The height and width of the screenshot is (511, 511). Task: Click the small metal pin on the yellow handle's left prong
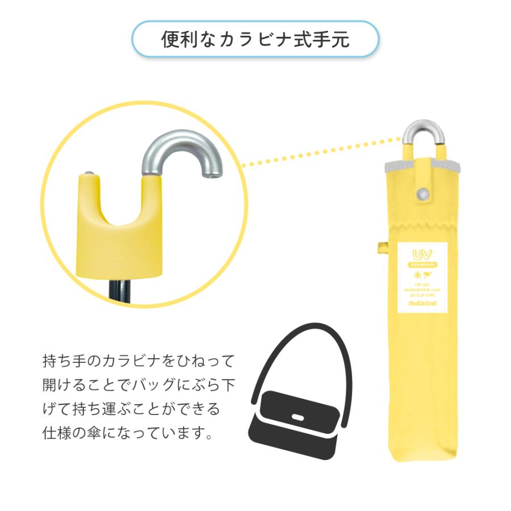click(89, 171)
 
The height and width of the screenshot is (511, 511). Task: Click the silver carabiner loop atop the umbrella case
click(423, 133)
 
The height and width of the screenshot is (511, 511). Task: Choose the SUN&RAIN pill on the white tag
click(422, 265)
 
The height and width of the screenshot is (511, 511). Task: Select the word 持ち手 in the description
click(60, 361)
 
